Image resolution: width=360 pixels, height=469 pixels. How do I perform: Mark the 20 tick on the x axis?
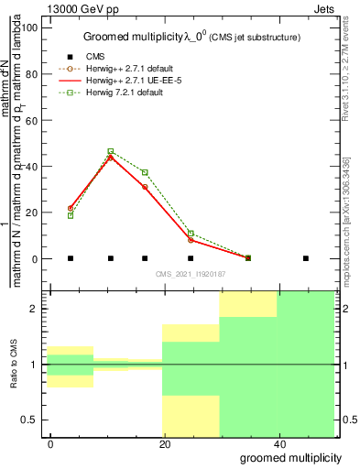(165, 444)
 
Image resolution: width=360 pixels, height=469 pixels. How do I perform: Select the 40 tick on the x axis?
(278, 444)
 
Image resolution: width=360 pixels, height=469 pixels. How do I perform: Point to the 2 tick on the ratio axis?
(38, 309)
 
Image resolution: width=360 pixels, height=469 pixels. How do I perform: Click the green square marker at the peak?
(111, 151)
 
